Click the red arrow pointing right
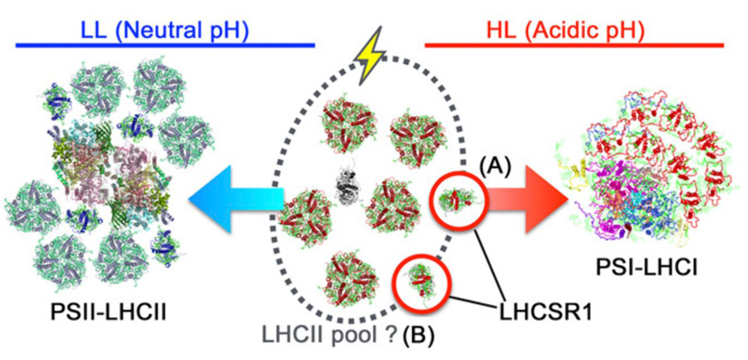point(515,202)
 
